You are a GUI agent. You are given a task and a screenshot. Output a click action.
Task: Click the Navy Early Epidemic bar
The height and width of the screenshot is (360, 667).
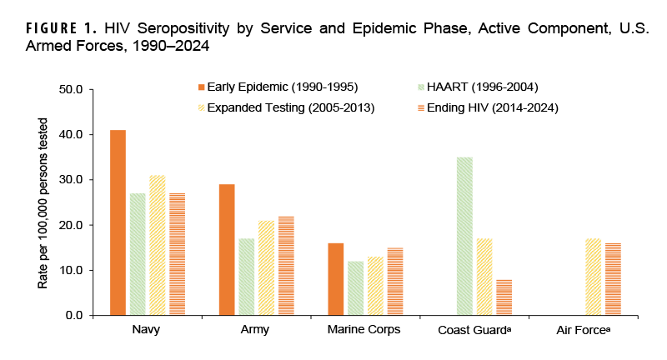[118, 222]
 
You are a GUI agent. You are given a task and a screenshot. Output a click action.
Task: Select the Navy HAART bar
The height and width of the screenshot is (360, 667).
[138, 254]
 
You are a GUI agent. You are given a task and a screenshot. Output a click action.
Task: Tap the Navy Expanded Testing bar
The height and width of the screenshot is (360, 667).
[157, 245]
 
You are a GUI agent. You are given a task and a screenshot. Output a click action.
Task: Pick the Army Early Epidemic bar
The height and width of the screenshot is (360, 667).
[227, 250]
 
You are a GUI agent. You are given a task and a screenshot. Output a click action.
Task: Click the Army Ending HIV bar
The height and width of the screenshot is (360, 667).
[285, 266]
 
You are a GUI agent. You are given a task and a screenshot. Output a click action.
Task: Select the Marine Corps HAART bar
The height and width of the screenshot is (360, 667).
[355, 288]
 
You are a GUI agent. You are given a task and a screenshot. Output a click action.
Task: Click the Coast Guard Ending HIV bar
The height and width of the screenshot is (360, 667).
[504, 297]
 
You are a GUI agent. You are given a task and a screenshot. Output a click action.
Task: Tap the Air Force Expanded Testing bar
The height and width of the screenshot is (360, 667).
[593, 277]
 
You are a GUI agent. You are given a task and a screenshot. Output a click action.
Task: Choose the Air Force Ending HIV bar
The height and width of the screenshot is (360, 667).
[612, 279]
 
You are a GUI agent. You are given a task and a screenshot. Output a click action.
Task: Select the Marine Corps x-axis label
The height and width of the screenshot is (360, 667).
[364, 330]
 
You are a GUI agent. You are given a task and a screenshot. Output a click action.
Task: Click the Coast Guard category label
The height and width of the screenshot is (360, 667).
[474, 330]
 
